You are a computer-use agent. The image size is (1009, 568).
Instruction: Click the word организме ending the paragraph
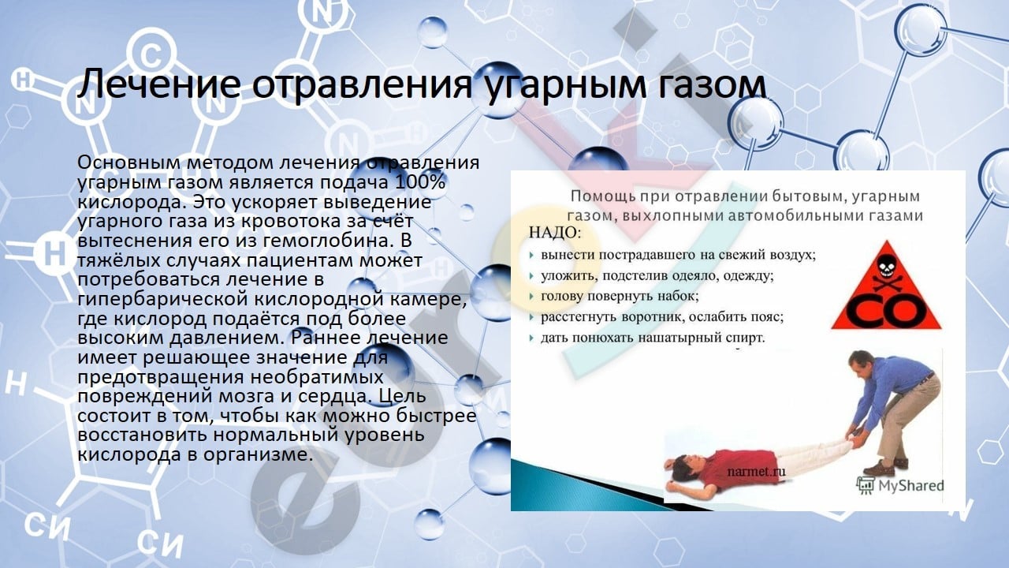coord(258,454)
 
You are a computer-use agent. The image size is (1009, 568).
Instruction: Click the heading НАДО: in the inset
coord(555,233)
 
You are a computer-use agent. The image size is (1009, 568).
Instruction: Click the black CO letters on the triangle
coord(885,311)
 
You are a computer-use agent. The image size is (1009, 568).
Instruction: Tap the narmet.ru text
coord(756,472)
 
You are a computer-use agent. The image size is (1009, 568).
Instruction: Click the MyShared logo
coord(899,485)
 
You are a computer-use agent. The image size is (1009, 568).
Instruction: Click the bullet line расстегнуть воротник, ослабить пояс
coord(662,316)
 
